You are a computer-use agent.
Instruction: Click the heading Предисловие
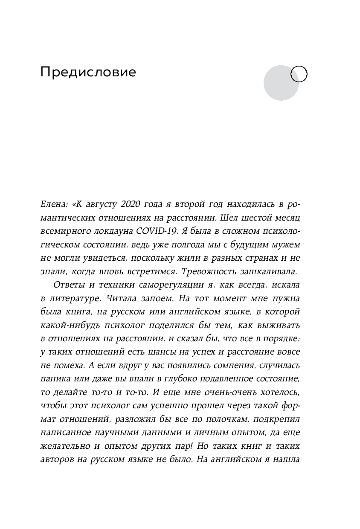click(88, 73)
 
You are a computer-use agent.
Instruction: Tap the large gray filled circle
click(280, 83)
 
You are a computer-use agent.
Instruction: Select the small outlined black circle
click(299, 74)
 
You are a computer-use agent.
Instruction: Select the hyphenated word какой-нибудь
click(68, 325)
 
